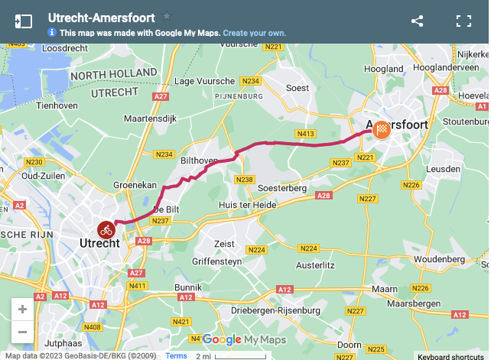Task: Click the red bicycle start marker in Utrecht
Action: [106, 229]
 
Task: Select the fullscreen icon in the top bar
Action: [463, 21]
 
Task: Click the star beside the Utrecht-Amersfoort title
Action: [167, 16]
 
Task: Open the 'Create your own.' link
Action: [255, 33]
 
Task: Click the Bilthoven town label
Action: [200, 161]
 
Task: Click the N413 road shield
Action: [307, 134]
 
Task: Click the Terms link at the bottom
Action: [176, 355]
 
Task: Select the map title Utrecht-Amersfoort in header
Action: [101, 17]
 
